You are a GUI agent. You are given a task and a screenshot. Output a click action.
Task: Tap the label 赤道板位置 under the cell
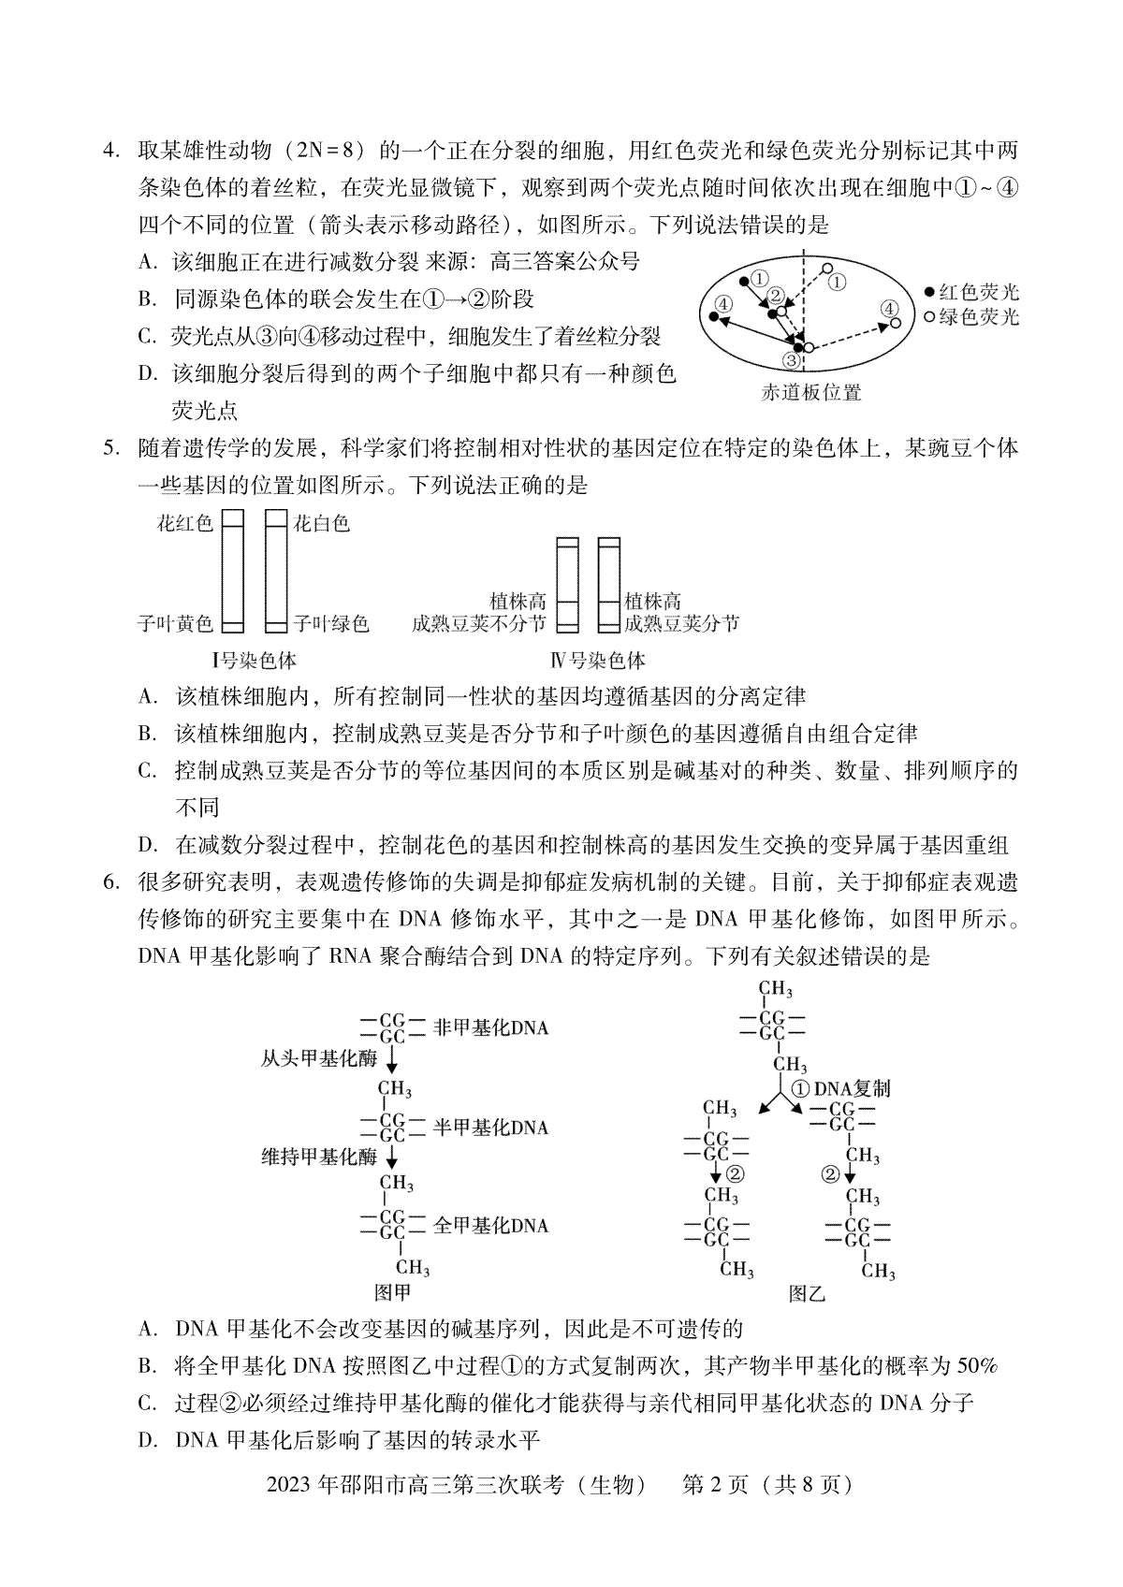pyautogui.click(x=810, y=393)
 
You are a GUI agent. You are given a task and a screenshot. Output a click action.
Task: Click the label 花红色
pyautogui.click(x=185, y=523)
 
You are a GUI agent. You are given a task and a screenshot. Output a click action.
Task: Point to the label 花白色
pyautogui.click(x=322, y=523)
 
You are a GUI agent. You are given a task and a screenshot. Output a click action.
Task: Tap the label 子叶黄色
pyautogui.click(x=175, y=623)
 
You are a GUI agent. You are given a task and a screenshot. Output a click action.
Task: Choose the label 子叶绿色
pyautogui.click(x=331, y=623)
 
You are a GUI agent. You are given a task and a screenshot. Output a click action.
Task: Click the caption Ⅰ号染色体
pyautogui.click(x=254, y=661)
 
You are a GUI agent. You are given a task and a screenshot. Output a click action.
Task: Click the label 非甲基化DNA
pyautogui.click(x=490, y=1028)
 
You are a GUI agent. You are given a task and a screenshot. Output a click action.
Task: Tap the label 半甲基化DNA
pyautogui.click(x=490, y=1128)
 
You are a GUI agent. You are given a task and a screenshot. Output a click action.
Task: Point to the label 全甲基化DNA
pyautogui.click(x=490, y=1226)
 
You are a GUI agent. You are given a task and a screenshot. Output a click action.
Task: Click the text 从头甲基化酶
pyautogui.click(x=318, y=1058)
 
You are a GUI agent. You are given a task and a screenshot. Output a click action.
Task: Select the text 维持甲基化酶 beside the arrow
pyautogui.click(x=318, y=1157)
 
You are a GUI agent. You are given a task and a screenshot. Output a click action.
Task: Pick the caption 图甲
pyautogui.click(x=392, y=1293)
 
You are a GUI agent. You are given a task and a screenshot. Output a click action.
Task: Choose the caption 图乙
pyautogui.click(x=807, y=1294)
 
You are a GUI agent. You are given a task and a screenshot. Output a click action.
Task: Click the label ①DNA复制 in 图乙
pyautogui.click(x=840, y=1088)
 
